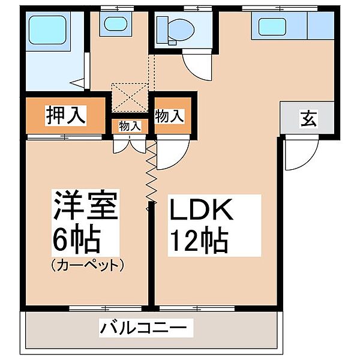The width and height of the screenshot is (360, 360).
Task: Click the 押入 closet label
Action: [66, 114]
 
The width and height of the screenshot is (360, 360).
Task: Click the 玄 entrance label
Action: [308, 118]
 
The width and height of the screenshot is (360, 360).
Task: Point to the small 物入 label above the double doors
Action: [129, 126]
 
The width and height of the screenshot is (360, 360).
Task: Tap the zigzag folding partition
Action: [151, 174]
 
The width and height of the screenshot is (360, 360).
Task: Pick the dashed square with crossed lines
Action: [131, 96]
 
